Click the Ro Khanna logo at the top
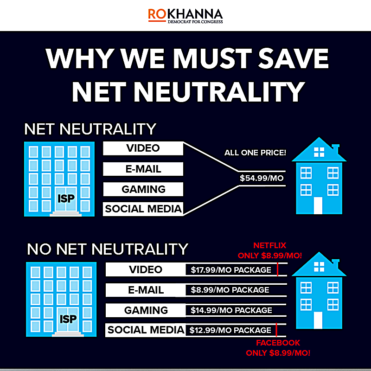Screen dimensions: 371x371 click(x=185, y=16)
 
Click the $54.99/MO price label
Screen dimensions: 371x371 click(x=262, y=178)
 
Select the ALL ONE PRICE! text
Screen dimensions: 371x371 click(x=255, y=153)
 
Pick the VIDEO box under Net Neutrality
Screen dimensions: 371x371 click(x=143, y=148)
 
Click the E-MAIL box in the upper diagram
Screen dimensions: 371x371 click(x=143, y=169)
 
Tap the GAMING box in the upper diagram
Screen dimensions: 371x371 click(x=143, y=189)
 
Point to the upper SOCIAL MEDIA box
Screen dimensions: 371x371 click(x=143, y=209)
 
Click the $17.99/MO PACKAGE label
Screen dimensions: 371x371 click(x=231, y=270)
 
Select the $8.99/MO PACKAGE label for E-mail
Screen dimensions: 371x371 click(x=230, y=290)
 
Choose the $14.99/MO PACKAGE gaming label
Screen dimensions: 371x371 click(x=231, y=310)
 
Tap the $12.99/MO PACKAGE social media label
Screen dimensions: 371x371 click(x=230, y=330)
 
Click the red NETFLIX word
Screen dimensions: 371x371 click(x=270, y=245)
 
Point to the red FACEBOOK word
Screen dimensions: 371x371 click(x=278, y=343)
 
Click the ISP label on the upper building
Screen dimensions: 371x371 click(x=66, y=198)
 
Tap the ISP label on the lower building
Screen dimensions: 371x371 click(x=68, y=319)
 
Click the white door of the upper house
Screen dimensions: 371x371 click(x=318, y=205)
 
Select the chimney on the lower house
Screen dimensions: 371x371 click(x=336, y=265)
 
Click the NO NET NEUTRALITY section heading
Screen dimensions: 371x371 click(x=108, y=249)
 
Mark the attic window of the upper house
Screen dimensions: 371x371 click(x=319, y=152)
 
